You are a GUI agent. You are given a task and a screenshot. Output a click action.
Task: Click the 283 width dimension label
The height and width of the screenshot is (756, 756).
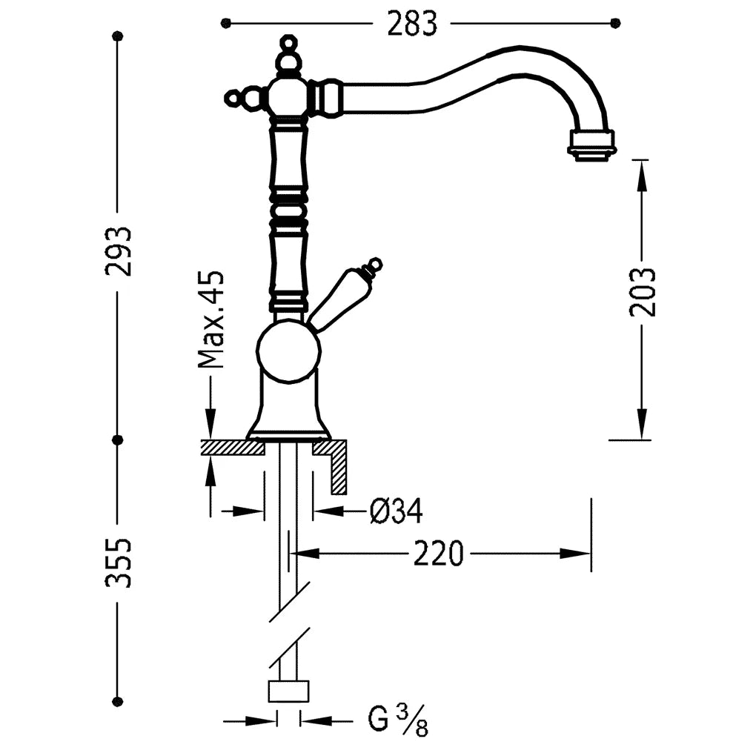click(x=412, y=24)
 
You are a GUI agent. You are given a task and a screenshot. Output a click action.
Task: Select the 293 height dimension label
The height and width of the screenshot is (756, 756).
click(x=119, y=251)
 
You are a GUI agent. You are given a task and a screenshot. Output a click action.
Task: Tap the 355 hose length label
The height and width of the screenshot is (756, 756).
click(x=119, y=563)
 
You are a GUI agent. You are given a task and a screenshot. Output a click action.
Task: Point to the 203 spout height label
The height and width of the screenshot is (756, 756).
click(x=643, y=292)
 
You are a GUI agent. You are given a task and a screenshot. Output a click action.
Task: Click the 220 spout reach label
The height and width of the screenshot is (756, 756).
click(x=438, y=554)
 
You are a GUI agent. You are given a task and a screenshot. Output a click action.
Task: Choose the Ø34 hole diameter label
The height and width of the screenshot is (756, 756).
click(x=397, y=511)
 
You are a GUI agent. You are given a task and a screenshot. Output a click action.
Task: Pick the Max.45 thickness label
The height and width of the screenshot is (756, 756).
click(x=211, y=319)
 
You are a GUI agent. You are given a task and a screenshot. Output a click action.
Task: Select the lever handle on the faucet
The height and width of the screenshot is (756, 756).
click(x=345, y=294)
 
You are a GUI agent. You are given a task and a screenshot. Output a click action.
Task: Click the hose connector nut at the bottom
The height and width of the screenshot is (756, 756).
click(x=288, y=691)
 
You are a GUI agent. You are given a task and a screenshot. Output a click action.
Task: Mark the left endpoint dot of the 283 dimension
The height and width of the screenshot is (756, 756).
click(x=225, y=23)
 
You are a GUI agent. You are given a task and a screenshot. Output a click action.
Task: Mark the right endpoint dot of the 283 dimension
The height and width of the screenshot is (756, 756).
click(x=615, y=23)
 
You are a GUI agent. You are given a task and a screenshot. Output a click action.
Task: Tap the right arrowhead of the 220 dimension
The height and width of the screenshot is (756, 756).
click(x=575, y=554)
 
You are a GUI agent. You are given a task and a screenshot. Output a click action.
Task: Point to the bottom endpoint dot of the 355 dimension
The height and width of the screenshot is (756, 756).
click(x=117, y=701)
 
